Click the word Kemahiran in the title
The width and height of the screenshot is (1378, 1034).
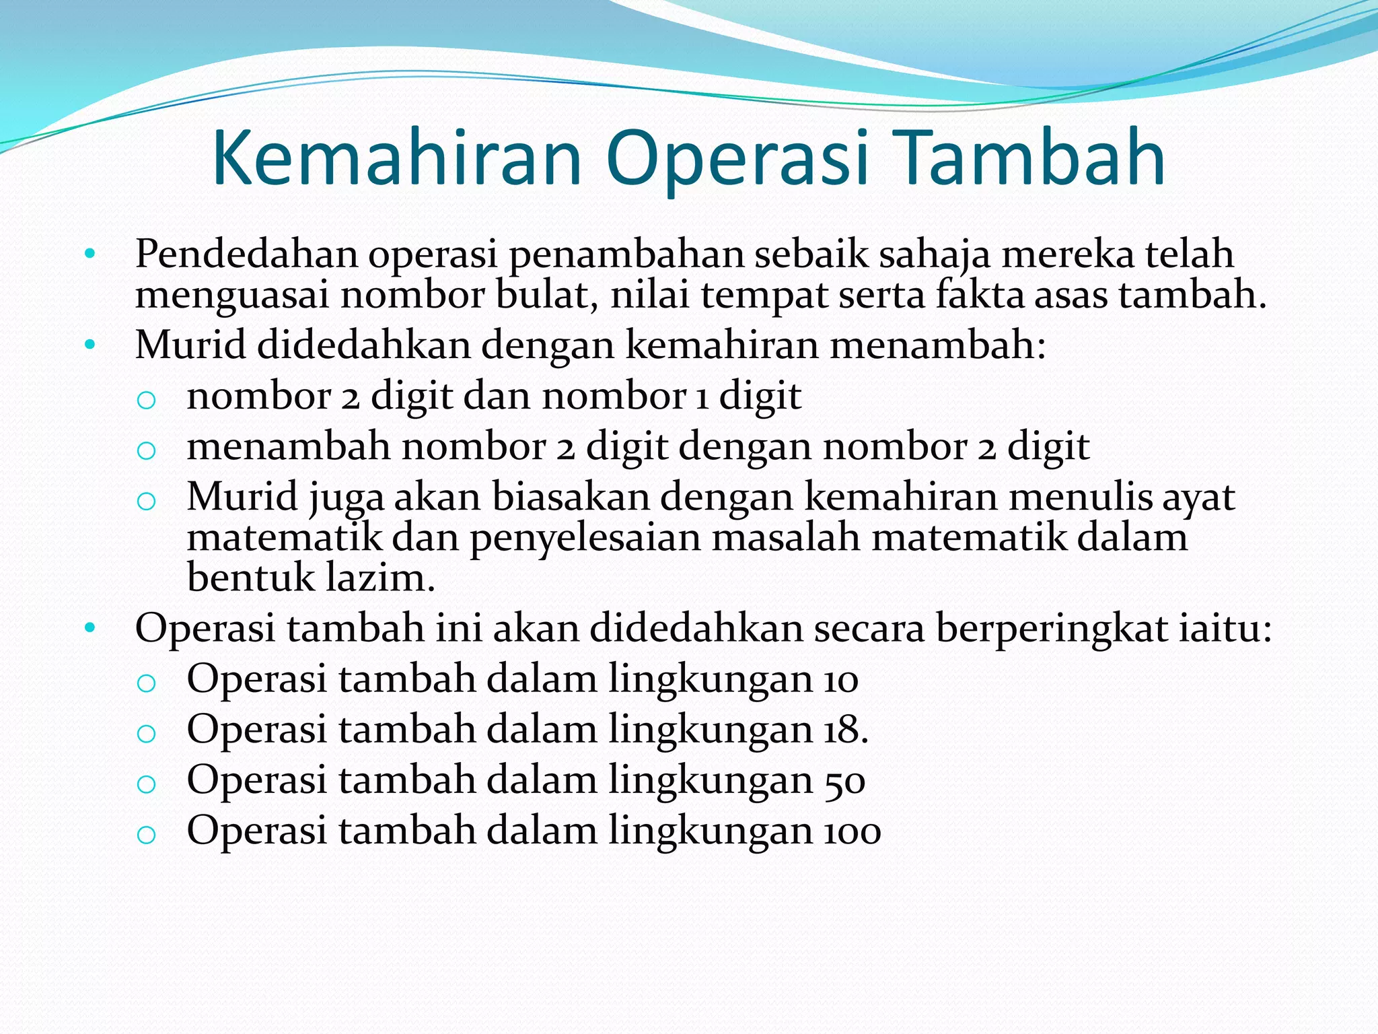[396, 159]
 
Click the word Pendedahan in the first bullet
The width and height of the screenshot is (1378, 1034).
[246, 255]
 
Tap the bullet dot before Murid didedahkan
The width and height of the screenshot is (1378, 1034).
[90, 345]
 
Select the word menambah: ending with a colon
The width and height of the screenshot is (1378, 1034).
[937, 345]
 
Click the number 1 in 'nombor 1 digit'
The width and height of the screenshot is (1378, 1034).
[702, 397]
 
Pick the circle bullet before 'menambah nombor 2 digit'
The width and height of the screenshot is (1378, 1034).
[146, 450]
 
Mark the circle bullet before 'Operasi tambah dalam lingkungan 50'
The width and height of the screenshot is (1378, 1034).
[146, 784]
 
